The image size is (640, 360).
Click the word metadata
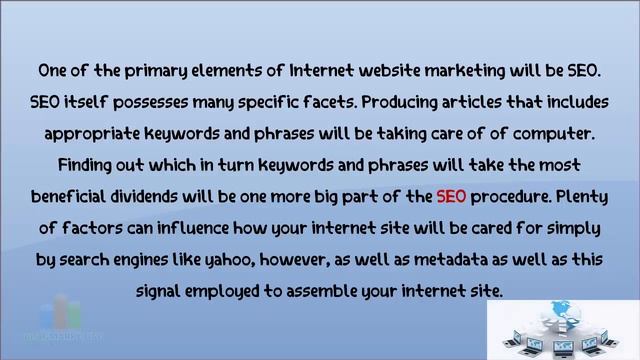[476, 259]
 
